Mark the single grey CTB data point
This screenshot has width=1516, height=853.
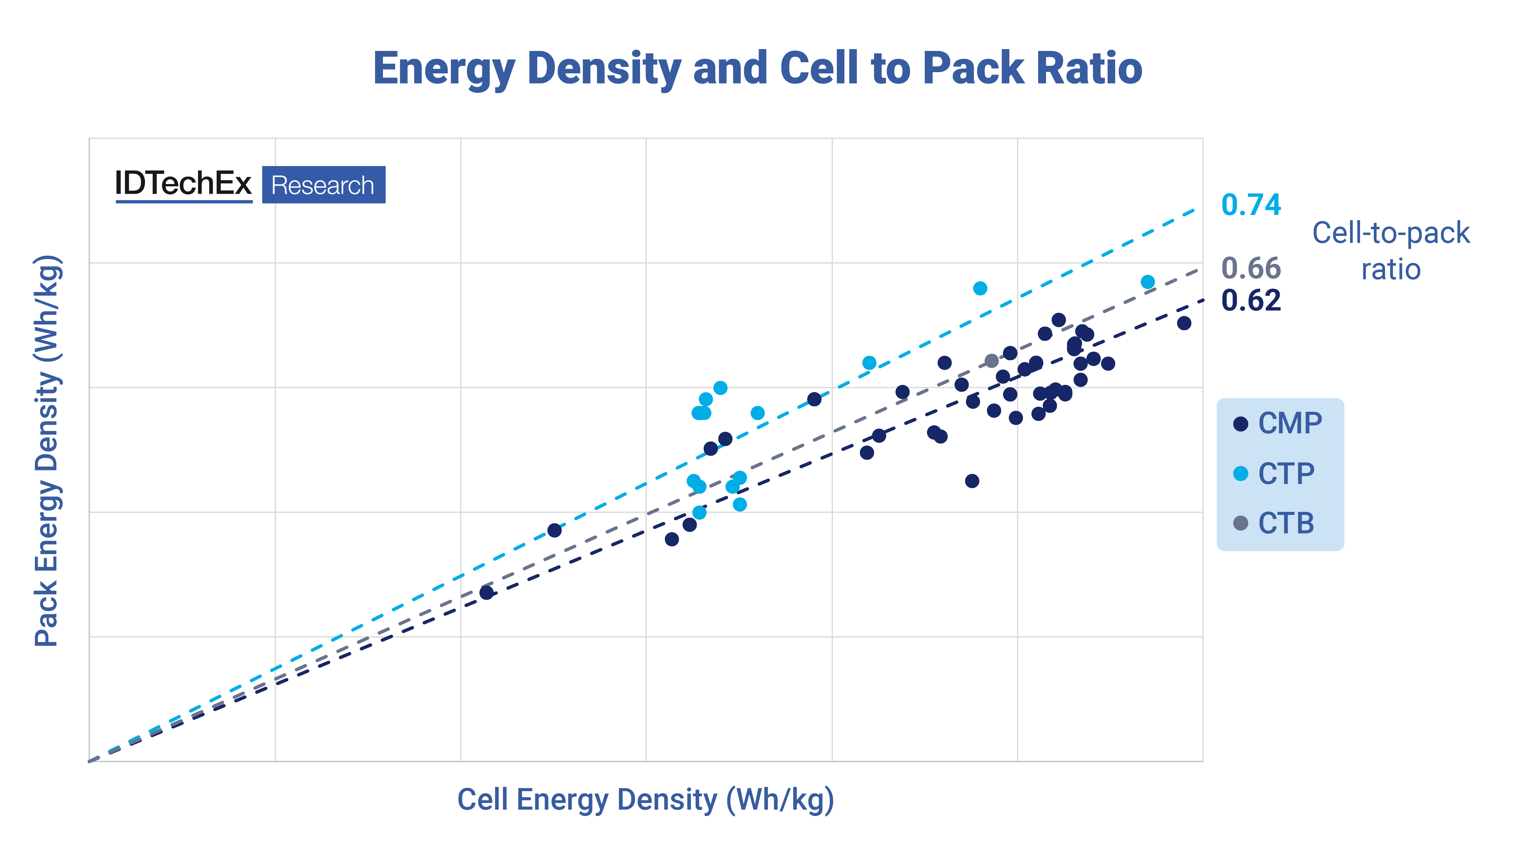(992, 360)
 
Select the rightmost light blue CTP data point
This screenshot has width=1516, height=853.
(1148, 282)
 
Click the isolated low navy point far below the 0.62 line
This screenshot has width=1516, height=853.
(972, 481)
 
